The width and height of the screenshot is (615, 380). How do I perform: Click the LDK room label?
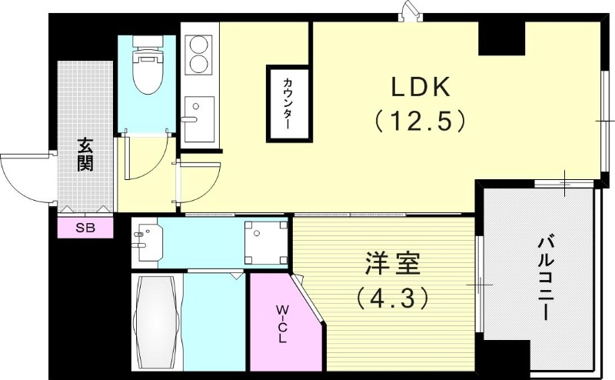[420, 87]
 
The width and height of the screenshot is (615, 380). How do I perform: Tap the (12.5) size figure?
[420, 121]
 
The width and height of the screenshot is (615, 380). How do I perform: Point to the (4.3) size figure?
[392, 297]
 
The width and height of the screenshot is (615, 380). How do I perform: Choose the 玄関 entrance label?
[85, 155]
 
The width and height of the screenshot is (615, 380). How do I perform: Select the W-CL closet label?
[282, 324]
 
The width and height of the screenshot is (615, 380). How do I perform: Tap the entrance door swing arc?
[23, 177]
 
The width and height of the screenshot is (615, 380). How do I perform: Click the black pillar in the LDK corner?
[501, 37]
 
